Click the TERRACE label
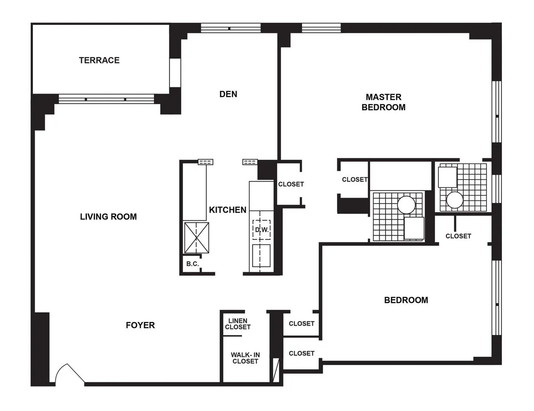(x=99, y=60)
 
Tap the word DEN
(x=228, y=94)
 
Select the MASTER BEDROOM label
(x=383, y=102)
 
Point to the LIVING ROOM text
(x=108, y=217)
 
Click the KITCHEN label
(x=228, y=210)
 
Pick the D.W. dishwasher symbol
(x=261, y=230)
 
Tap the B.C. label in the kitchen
(x=192, y=264)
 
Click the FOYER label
(x=140, y=325)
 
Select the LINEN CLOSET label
(x=238, y=324)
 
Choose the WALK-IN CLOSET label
(x=245, y=358)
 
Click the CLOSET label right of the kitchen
(x=291, y=184)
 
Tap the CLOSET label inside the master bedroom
(x=355, y=180)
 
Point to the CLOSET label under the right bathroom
(x=458, y=236)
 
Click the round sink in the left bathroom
(x=406, y=205)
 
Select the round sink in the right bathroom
(x=455, y=200)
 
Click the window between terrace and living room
(x=106, y=99)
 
